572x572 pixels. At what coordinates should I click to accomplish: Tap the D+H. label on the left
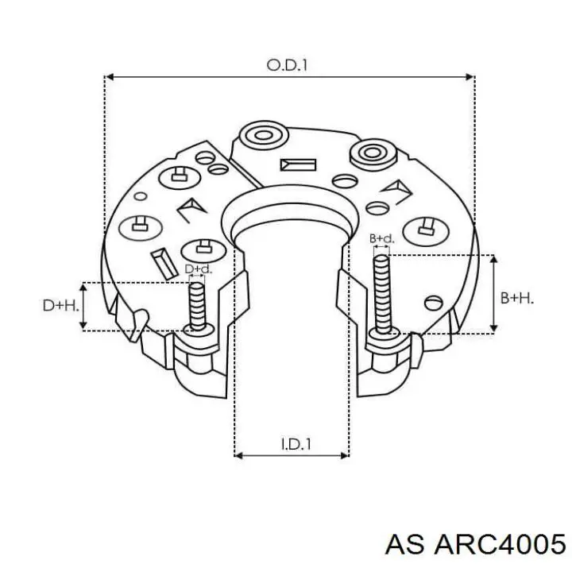point(60,305)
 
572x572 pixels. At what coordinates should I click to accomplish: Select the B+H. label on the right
point(517,298)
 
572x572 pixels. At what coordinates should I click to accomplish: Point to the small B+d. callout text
point(381,238)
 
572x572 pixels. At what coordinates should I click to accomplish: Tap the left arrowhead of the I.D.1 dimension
point(239,456)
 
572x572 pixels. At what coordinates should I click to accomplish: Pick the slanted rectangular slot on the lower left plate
point(161,260)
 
